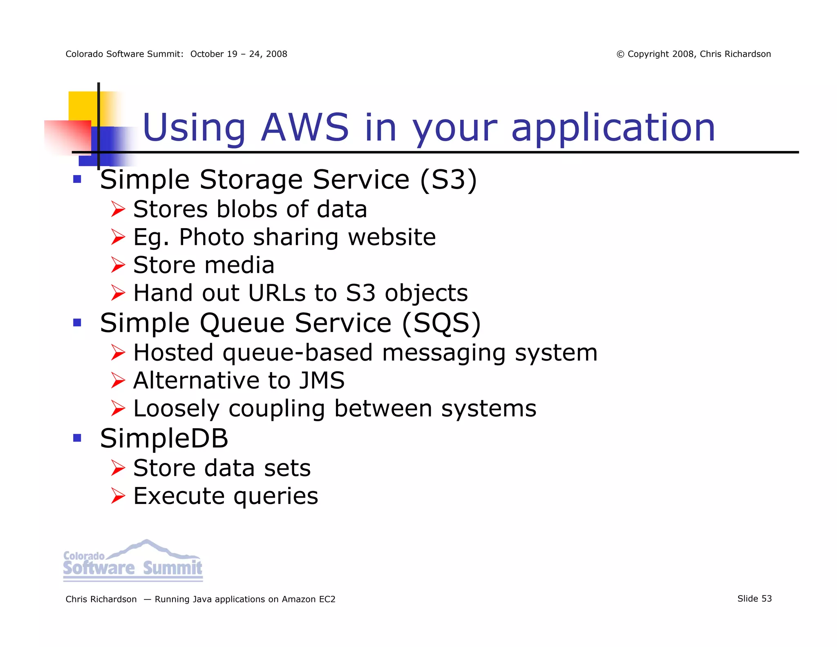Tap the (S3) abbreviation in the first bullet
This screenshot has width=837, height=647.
448,180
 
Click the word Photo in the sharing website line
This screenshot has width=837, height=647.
212,237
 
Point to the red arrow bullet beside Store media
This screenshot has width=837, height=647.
118,265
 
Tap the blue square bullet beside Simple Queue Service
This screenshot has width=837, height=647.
77,323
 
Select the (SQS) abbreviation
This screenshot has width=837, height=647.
441,323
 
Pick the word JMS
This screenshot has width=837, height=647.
322,381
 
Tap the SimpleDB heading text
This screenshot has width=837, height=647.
164,438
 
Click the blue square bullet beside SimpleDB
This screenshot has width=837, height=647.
77,438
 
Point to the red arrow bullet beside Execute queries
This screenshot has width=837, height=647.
118,496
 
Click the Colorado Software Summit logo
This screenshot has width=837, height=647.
133,560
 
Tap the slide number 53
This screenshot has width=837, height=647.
766,599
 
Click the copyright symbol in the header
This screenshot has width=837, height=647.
620,54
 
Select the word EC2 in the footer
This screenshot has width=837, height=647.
327,600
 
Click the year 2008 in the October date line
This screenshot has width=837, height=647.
277,54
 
